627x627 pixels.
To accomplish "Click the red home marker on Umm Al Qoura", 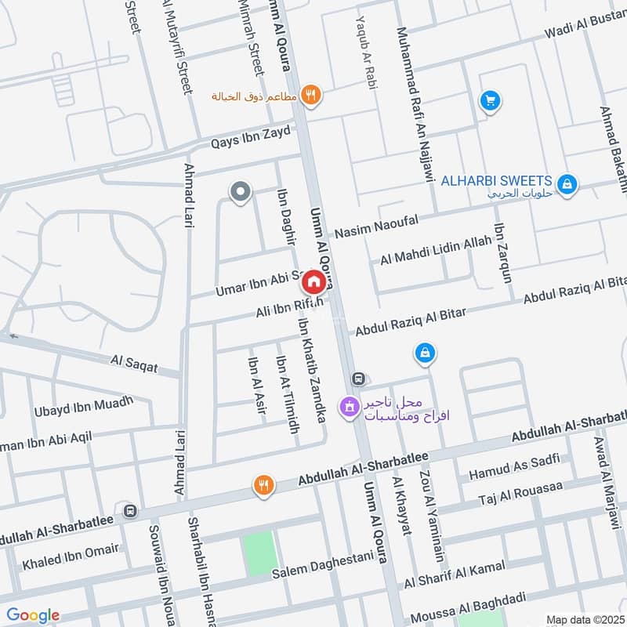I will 313,281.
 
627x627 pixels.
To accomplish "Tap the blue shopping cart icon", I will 491,101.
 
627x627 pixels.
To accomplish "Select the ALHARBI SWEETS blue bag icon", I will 569,184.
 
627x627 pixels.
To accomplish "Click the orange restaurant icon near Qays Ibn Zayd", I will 311,95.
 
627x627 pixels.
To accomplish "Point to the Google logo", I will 33,615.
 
